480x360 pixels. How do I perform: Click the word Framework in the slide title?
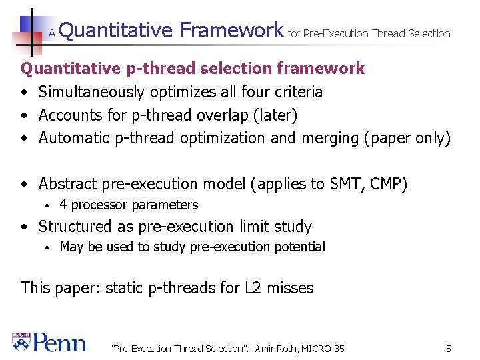231,30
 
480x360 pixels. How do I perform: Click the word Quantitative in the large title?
117,30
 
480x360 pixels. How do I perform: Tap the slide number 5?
449,348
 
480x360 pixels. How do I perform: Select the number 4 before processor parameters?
63,205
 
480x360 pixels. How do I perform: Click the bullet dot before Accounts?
24,115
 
